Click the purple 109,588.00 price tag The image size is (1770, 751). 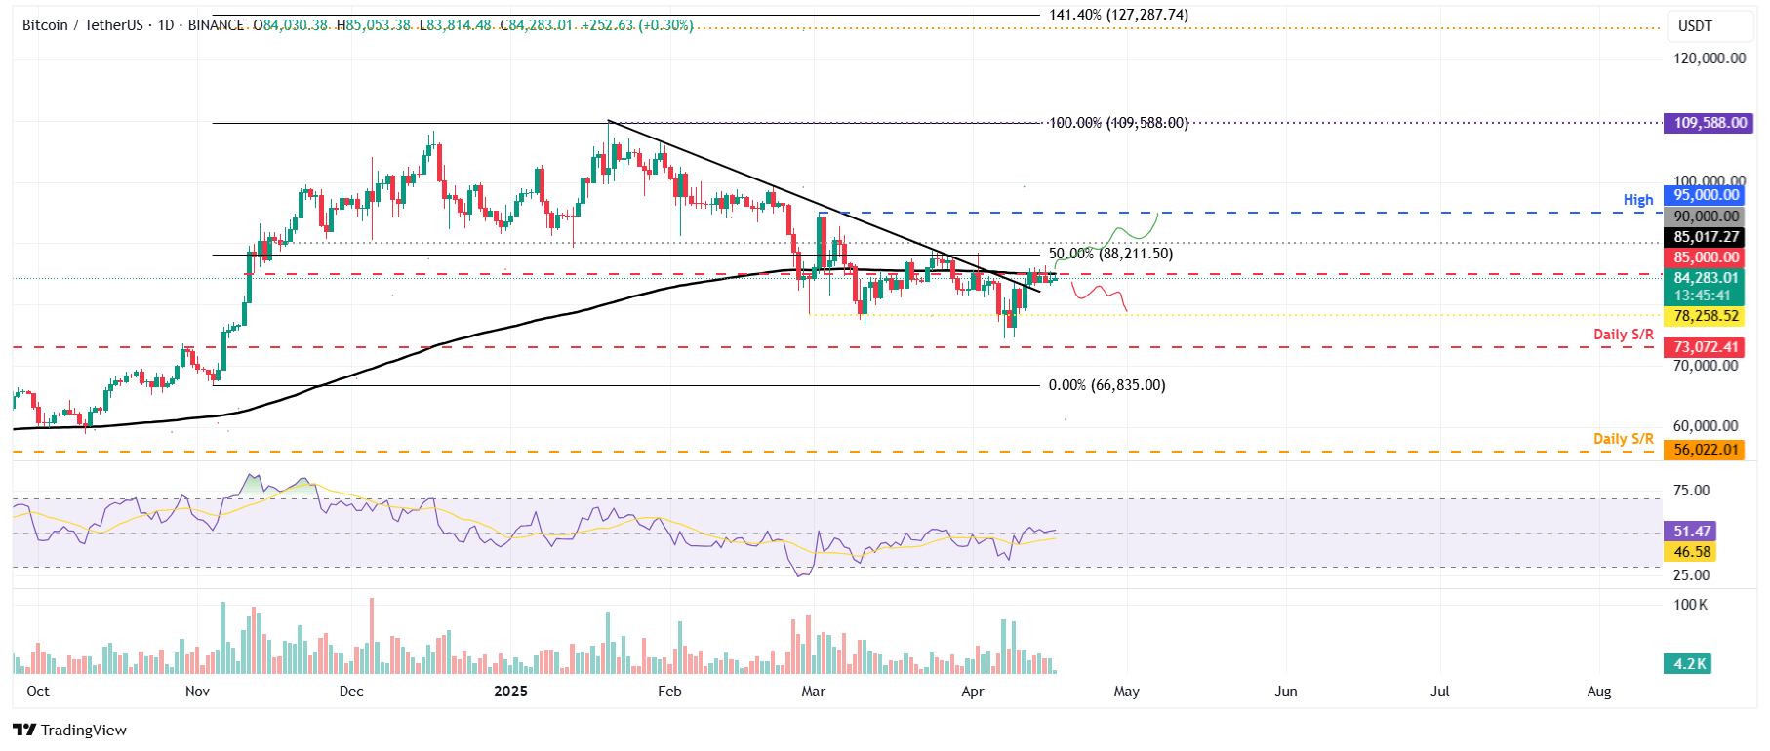[1710, 123]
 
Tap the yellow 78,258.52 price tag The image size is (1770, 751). [1706, 316]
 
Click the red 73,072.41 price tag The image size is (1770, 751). [1706, 347]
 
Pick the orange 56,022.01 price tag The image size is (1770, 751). [1706, 450]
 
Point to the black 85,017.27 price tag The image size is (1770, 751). [1706, 237]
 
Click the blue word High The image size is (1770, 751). [1637, 200]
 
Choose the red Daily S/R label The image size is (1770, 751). [1623, 335]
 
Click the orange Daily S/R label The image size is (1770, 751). [1623, 439]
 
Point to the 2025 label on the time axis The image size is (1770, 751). [510, 692]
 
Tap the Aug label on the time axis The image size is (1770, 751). [1598, 692]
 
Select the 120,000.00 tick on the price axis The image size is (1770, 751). [1710, 59]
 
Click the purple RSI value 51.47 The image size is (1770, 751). [1692, 532]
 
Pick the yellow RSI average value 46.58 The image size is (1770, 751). [1692, 552]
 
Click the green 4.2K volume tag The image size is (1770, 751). [1690, 664]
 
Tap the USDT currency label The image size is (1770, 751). [1695, 26]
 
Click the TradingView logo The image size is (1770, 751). [70, 730]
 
